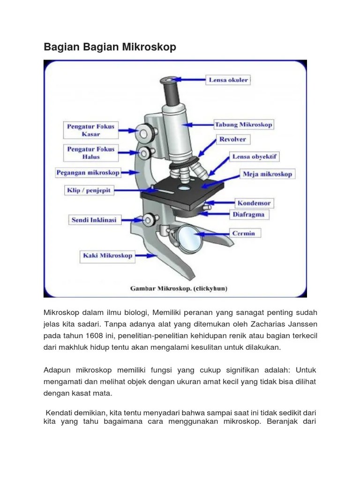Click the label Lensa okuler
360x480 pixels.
click(x=228, y=80)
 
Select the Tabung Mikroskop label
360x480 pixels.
click(x=243, y=125)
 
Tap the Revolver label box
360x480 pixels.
click(x=232, y=139)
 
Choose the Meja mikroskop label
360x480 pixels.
click(x=267, y=174)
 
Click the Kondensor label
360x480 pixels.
click(x=254, y=203)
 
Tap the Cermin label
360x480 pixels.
click(x=244, y=233)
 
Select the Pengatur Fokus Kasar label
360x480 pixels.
click(x=91, y=130)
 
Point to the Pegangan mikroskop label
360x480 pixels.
click(x=88, y=172)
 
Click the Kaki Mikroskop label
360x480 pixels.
click(x=108, y=255)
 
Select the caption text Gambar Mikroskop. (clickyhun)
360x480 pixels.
click(x=179, y=289)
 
